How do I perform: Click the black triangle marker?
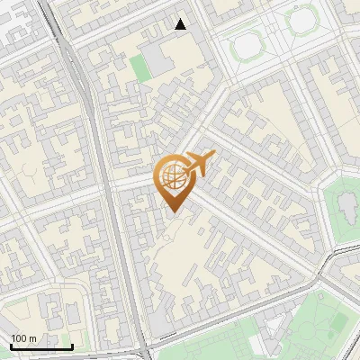181,24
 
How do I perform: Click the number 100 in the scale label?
19,338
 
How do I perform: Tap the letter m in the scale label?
33,338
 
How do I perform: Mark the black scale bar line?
41,346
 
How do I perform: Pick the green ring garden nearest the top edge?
302,19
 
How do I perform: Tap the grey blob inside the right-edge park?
346,207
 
